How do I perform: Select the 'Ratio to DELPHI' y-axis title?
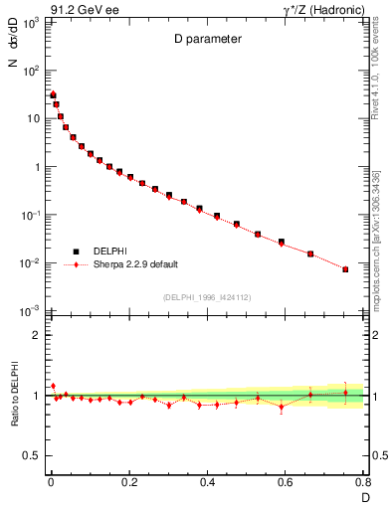[13, 395]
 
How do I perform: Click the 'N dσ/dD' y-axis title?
[13, 50]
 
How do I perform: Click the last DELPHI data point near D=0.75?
[345, 269]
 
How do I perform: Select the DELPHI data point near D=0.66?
[310, 254]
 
